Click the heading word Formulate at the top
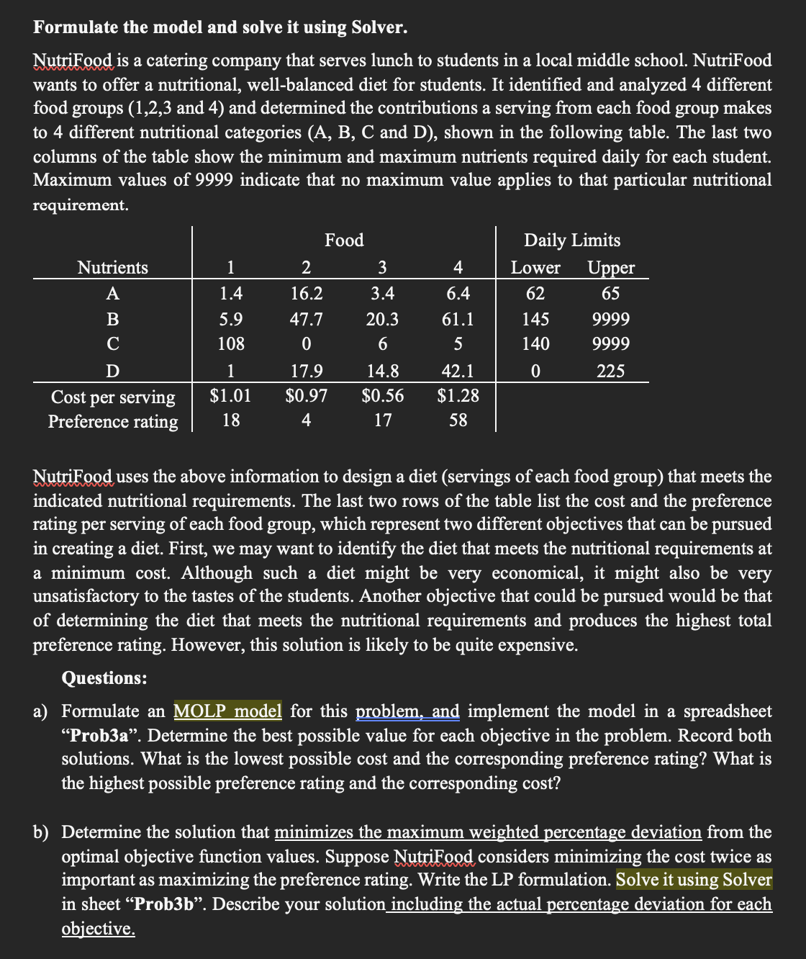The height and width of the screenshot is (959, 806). [74, 27]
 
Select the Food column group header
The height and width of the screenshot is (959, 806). [344, 240]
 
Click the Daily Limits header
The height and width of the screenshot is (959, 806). [572, 240]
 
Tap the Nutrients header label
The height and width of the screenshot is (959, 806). [113, 268]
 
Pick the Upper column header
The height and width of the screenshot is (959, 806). [611, 268]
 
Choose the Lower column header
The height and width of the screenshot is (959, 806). [535, 268]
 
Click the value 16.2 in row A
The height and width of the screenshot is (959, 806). [306, 294]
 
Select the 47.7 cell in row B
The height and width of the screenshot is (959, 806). [306, 319]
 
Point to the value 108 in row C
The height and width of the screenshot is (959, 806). [230, 343]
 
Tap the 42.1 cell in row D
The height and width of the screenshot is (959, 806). [458, 372]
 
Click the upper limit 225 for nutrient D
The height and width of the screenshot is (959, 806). [611, 372]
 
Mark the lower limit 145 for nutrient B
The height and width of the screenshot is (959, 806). [535, 319]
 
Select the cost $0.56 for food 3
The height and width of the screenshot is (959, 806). [382, 396]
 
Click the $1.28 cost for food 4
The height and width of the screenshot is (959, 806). [458, 396]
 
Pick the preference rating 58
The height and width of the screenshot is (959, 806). [458, 420]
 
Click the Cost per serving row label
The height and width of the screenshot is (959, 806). [113, 397]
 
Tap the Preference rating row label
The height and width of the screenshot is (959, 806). [113, 422]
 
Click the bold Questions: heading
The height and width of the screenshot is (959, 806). [104, 678]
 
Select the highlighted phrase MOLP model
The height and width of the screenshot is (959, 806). [227, 711]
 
